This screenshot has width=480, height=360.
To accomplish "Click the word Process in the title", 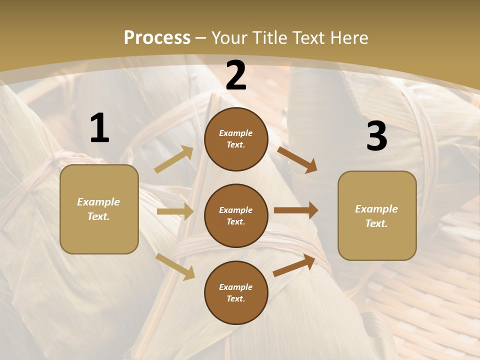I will click(x=157, y=38).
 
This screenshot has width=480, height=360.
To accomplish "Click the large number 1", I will click(x=99, y=129).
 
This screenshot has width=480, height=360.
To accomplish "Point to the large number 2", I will click(x=236, y=76).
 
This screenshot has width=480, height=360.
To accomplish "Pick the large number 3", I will click(x=376, y=136).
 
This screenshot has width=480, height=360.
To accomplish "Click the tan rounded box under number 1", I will click(x=99, y=209).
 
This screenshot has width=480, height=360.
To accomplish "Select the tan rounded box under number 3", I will click(x=377, y=216).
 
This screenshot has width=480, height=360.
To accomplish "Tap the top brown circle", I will click(x=236, y=139).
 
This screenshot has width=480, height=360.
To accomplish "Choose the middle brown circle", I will click(x=236, y=215).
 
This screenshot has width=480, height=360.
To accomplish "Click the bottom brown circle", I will click(x=236, y=292).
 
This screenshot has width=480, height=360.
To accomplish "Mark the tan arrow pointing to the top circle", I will click(x=174, y=159).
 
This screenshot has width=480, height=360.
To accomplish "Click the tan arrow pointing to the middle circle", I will click(x=175, y=211).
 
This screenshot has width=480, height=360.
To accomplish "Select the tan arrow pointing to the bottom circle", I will click(x=175, y=266).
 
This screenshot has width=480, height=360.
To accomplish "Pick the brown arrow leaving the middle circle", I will click(x=296, y=210).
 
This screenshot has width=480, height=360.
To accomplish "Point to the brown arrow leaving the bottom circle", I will click(x=294, y=265).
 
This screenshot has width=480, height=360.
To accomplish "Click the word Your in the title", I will click(x=230, y=38).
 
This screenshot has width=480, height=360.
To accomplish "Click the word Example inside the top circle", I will click(x=235, y=133).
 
